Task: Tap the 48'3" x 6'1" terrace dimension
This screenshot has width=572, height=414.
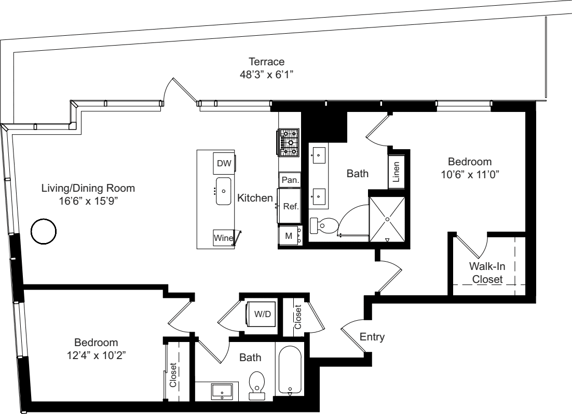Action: click(x=264, y=75)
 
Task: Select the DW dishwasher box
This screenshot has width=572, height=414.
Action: click(x=224, y=164)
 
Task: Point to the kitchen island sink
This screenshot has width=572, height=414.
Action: click(x=224, y=191)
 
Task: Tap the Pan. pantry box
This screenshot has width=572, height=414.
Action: click(x=289, y=180)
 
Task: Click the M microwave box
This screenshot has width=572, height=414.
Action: click(x=289, y=236)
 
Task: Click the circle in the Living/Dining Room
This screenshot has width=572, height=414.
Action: click(x=43, y=232)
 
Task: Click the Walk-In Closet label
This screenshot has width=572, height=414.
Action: click(x=486, y=273)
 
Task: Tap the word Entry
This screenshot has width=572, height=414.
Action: click(x=372, y=337)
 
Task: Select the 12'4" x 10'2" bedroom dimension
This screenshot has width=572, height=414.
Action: click(x=96, y=355)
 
